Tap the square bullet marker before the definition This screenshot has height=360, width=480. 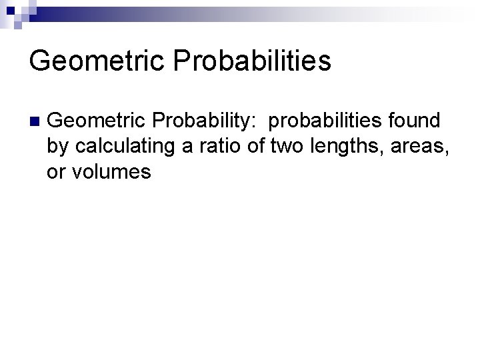coord(34,121)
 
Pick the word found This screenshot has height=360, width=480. coord(417,121)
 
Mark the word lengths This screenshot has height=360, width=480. coord(337,147)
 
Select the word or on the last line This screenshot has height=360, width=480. coord(55,172)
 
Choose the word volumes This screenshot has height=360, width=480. coord(111,172)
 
